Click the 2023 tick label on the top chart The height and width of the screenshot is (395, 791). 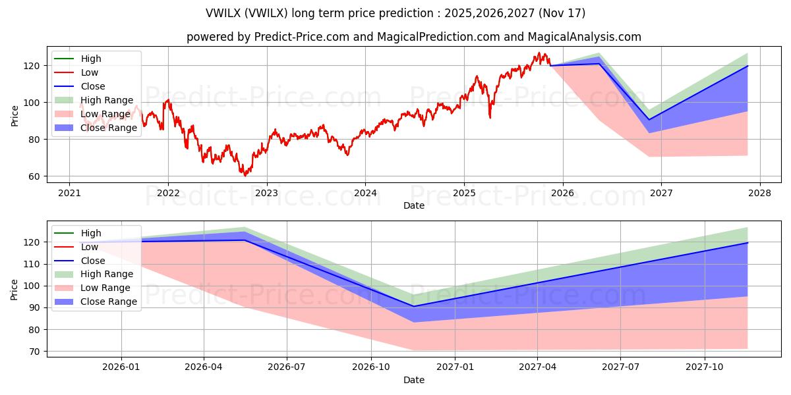(x=266, y=192)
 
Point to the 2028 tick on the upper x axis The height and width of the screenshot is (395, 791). (x=759, y=192)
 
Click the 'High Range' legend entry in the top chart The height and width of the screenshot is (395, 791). (x=105, y=100)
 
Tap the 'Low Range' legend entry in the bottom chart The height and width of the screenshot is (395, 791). (x=105, y=288)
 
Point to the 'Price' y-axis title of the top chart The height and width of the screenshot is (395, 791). (x=15, y=116)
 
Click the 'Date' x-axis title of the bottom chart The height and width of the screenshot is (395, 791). (x=413, y=380)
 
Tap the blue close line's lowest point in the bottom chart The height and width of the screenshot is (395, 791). (x=413, y=306)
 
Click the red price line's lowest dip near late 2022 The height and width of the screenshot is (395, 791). (x=245, y=176)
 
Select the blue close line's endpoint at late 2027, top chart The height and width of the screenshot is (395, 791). (x=747, y=66)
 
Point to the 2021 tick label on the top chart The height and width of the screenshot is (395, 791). (x=69, y=192)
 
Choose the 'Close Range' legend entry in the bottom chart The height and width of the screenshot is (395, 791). (x=108, y=302)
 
